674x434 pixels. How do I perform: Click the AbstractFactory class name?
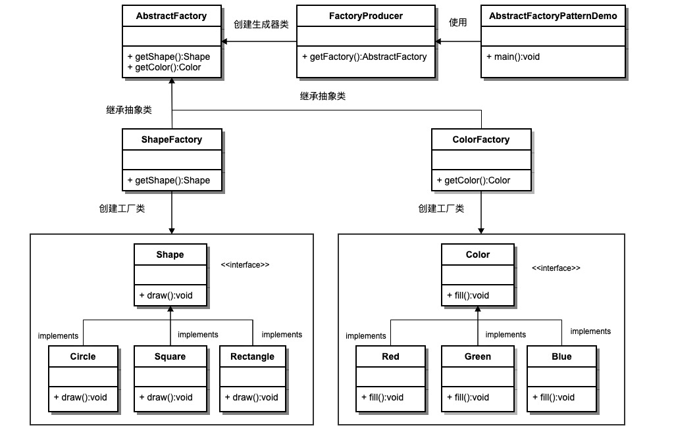point(171,16)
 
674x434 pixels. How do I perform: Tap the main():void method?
point(513,57)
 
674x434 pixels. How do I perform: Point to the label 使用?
point(457,22)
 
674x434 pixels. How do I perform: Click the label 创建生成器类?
point(261,24)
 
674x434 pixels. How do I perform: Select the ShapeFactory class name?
point(171,139)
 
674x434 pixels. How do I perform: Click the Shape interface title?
point(170,254)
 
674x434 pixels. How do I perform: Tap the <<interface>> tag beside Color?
point(556,268)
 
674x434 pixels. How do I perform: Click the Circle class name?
point(82,356)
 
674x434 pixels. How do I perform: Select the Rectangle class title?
point(252,356)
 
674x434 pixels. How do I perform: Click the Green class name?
point(477,356)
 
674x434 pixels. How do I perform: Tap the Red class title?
point(390,356)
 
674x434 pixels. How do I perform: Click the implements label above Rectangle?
point(282,335)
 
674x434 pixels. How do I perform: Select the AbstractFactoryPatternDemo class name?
point(553,16)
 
